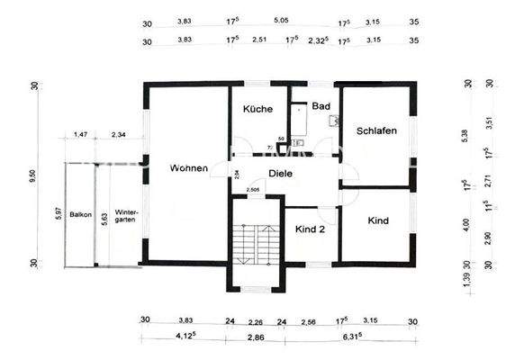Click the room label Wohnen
(x=187, y=168)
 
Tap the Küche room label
(x=257, y=109)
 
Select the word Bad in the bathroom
(x=320, y=105)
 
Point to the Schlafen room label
(x=376, y=130)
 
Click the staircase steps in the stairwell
(x=245, y=244)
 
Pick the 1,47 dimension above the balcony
(x=80, y=135)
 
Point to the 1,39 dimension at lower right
(x=465, y=283)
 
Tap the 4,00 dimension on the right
(x=465, y=224)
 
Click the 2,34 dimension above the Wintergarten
(x=118, y=135)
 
